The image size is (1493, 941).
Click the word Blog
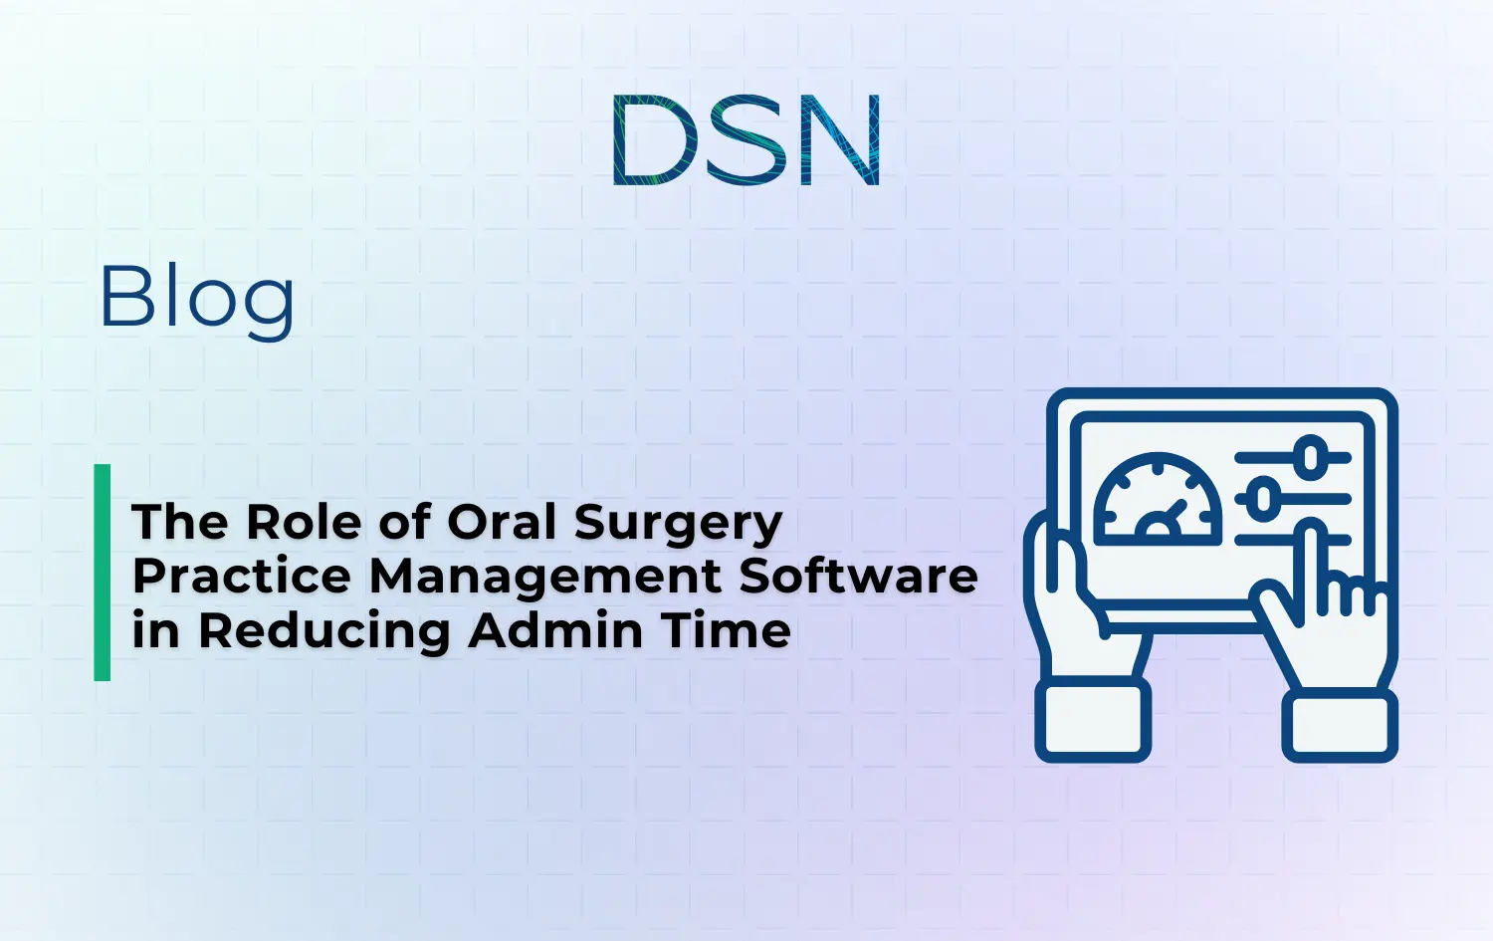tap(197, 298)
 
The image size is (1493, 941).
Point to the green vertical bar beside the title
tap(102, 573)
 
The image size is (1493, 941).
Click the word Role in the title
tap(303, 522)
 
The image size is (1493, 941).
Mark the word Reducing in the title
tap(324, 631)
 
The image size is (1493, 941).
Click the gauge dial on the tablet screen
tap(1158, 501)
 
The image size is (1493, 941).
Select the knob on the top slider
tap(1312, 457)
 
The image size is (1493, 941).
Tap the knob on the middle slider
tap(1263, 497)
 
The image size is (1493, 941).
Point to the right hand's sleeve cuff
tap(1340, 726)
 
